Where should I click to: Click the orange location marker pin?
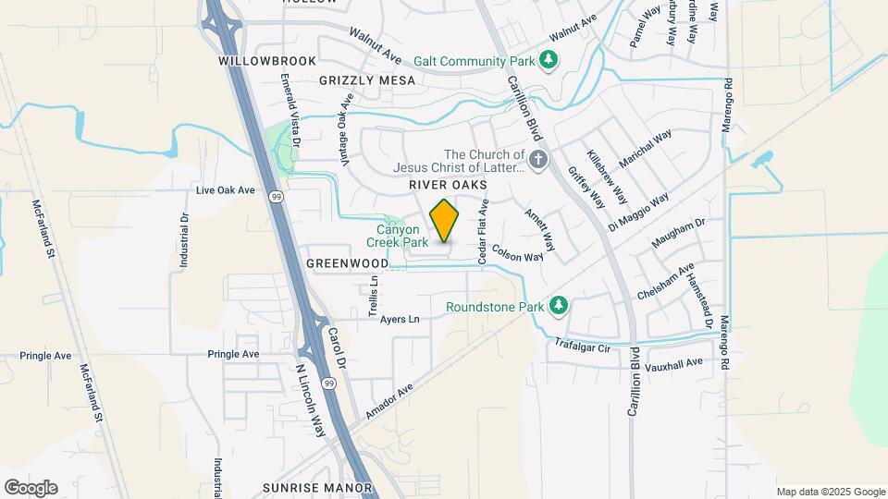[x=445, y=221]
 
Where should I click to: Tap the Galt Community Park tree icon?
[x=549, y=61]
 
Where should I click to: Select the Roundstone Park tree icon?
[x=558, y=306]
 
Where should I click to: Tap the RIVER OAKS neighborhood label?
[x=448, y=186]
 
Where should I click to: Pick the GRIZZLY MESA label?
[x=367, y=80]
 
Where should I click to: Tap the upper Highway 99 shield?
[x=277, y=197]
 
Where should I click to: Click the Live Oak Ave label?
[x=225, y=190]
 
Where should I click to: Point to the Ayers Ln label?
[x=400, y=320]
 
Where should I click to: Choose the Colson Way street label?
[x=517, y=252]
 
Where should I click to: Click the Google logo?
[x=30, y=488]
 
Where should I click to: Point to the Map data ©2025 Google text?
[x=830, y=492]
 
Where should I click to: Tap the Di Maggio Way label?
[x=638, y=213]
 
